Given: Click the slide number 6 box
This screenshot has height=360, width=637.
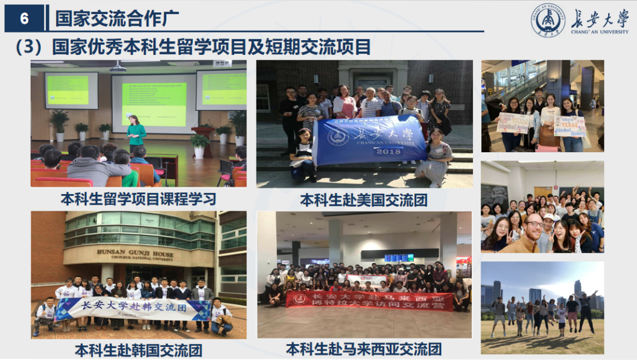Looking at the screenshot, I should coord(24,19).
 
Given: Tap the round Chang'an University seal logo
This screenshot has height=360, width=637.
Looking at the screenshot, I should coord(547,20).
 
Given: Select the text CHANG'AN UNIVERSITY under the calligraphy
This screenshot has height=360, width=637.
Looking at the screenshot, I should coord(599,32).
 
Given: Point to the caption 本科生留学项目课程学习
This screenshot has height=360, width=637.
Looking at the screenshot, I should coord(139,199).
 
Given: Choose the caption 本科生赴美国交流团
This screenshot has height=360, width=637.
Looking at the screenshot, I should coord(364,200).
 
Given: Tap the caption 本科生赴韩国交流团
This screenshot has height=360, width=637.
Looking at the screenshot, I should coord(139,350).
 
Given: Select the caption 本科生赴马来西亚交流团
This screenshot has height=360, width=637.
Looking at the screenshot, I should coord(364,349).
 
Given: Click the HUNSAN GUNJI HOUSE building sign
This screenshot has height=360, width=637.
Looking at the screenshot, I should coord(135,254).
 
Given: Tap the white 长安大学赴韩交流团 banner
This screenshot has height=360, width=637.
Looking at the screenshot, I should coord(133,309).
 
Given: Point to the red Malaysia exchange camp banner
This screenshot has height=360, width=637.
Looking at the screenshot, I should coord(369,300).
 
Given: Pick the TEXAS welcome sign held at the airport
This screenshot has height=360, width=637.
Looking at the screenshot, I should coord(570,126).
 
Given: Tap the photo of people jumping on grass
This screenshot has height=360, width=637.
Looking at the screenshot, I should coord(542,307).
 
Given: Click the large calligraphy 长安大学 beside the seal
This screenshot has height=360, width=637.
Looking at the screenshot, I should coord(599,18).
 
